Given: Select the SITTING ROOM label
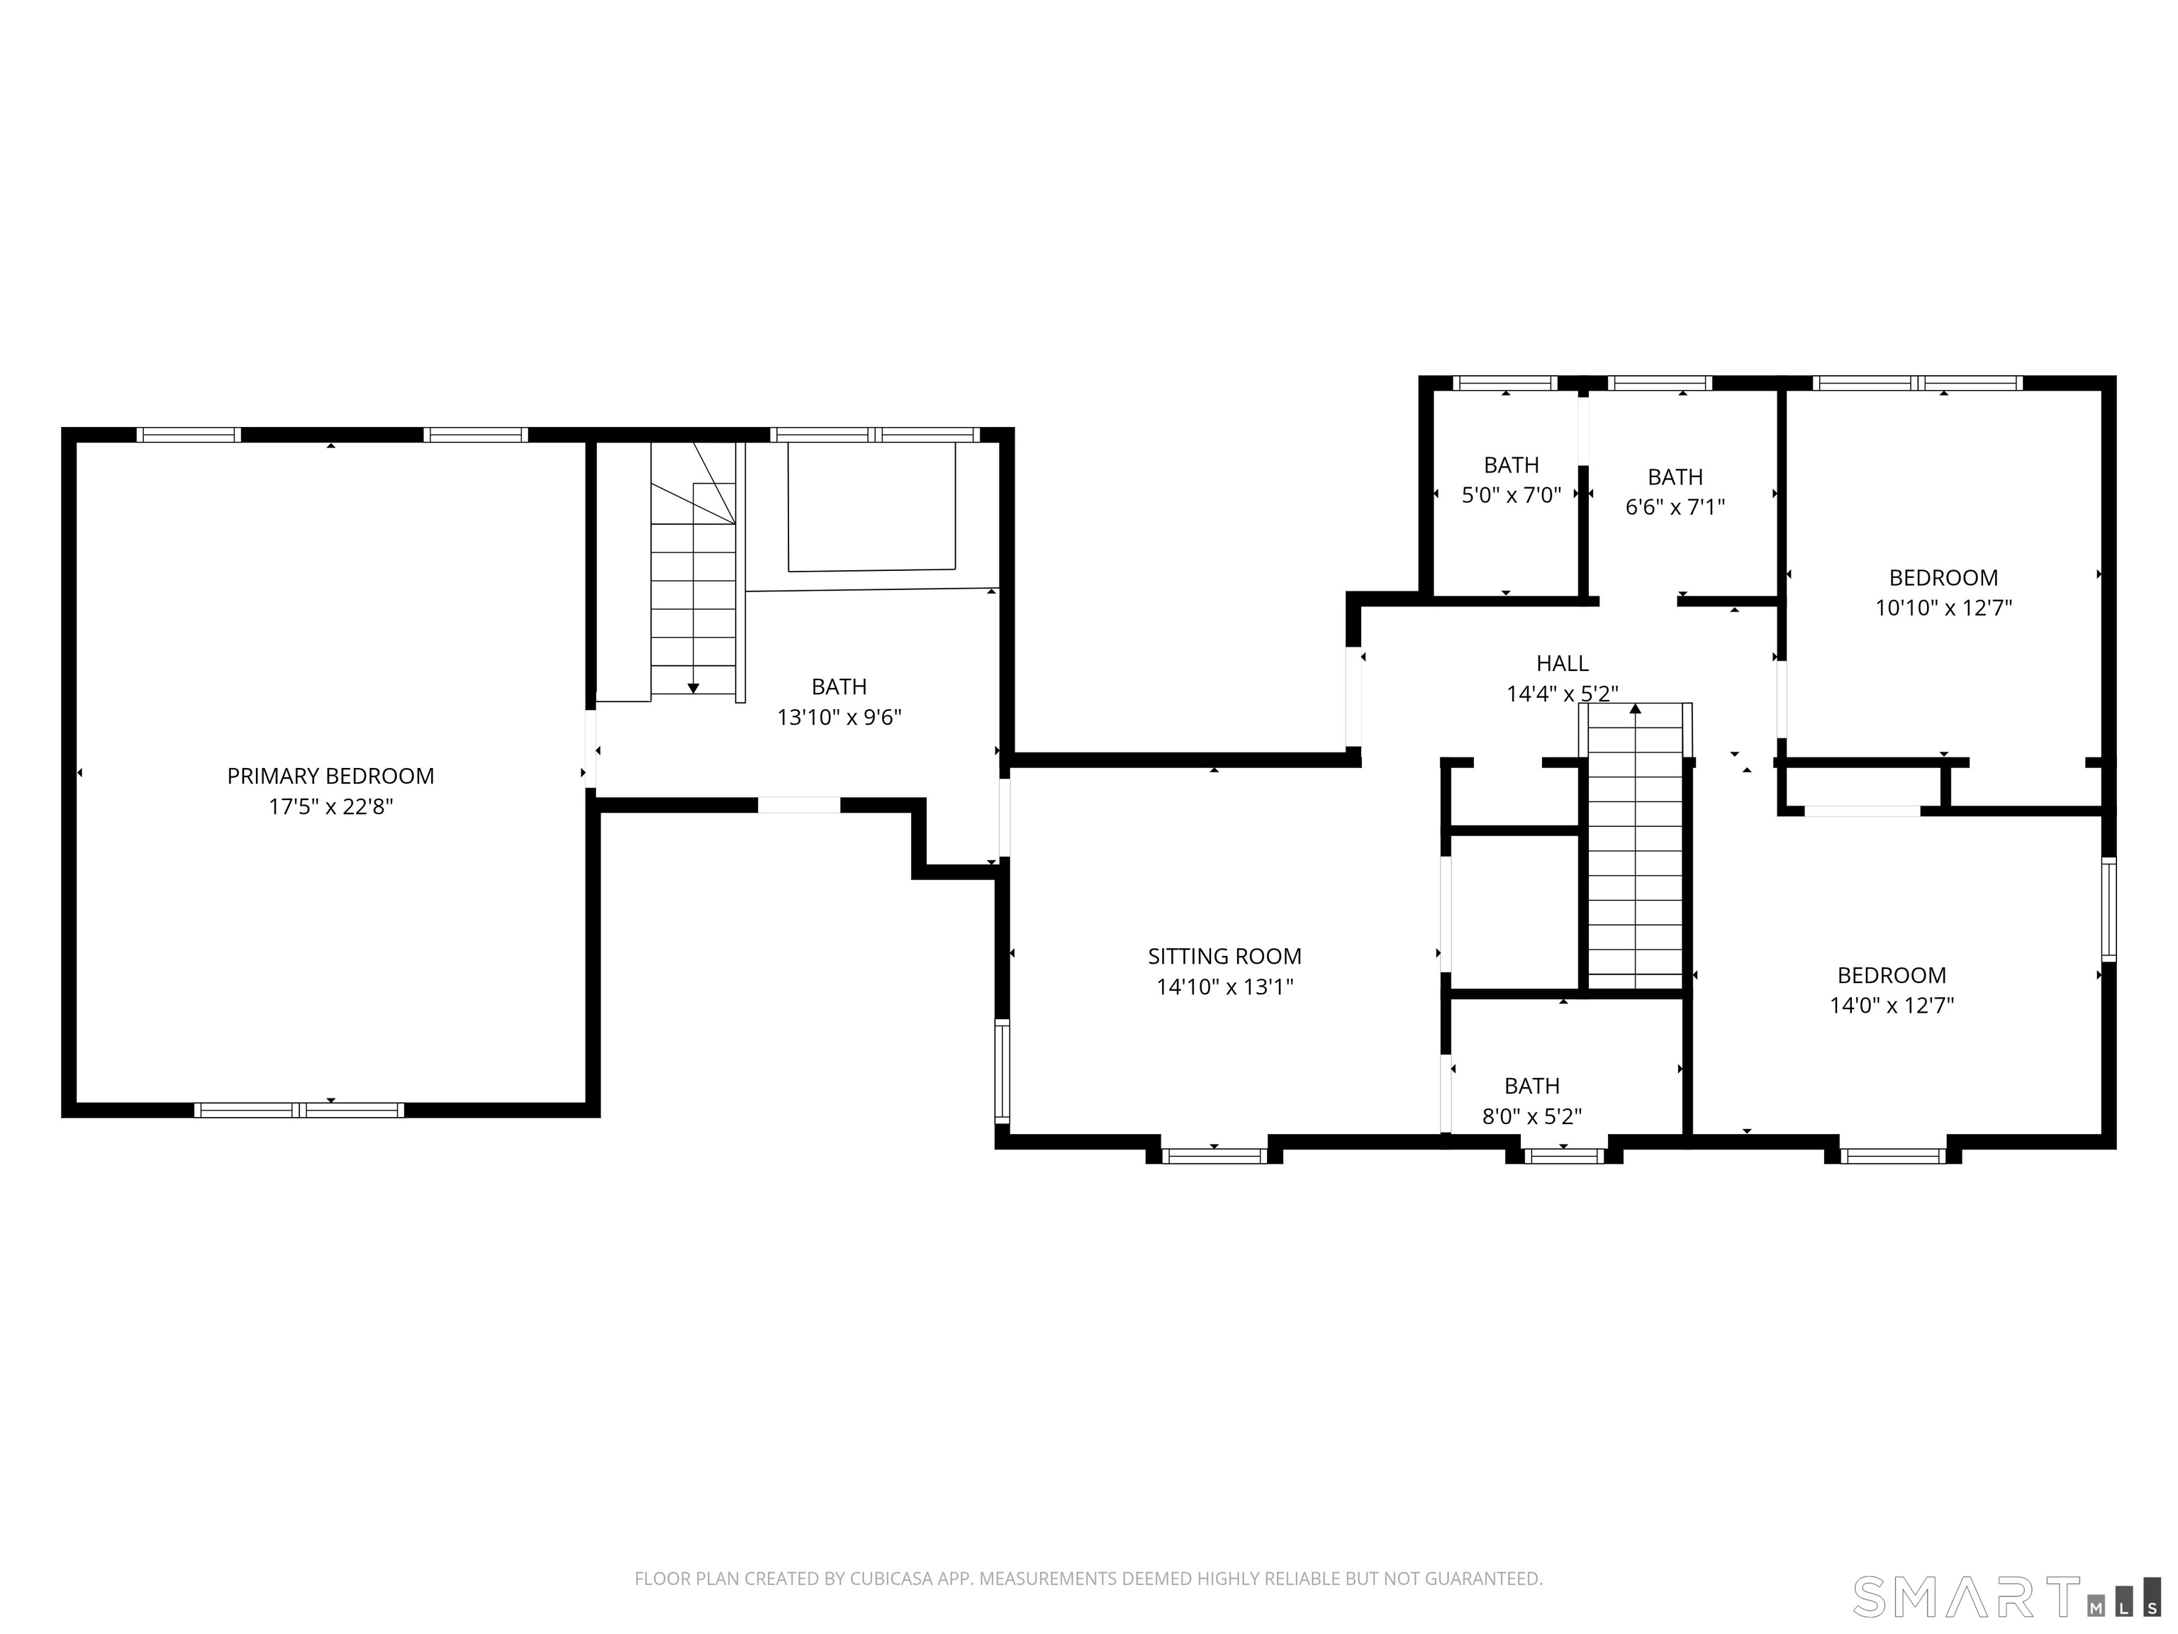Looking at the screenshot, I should pyautogui.click(x=1224, y=957).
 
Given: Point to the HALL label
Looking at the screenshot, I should pyautogui.click(x=1562, y=664).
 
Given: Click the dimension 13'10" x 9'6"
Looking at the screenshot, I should pyautogui.click(x=839, y=717).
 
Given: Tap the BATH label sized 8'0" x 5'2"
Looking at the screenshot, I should pyautogui.click(x=1531, y=1086).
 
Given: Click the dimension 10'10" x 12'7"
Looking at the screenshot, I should pyautogui.click(x=1943, y=608).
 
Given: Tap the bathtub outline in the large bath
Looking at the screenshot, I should pyautogui.click(x=871, y=507).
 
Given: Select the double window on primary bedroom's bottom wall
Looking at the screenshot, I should pyautogui.click(x=299, y=1110).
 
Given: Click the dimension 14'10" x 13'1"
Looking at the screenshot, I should pyautogui.click(x=1224, y=987).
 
